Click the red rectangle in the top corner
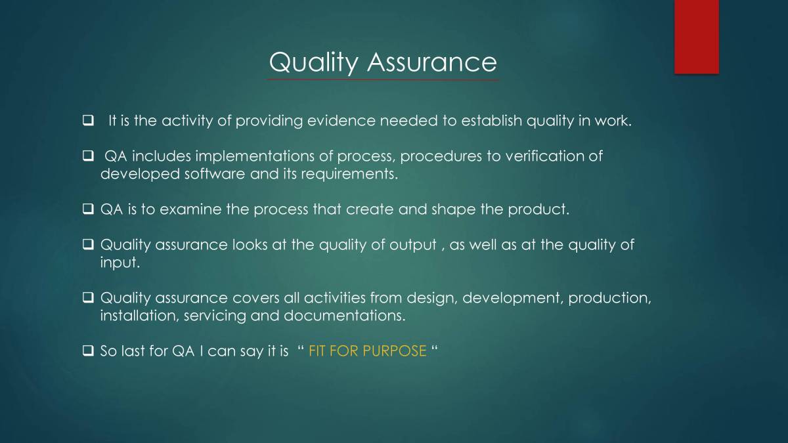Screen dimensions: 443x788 coord(696,36)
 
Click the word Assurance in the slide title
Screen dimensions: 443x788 coord(431,62)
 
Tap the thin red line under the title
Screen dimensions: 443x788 coord(382,80)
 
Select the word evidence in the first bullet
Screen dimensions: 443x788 coord(342,121)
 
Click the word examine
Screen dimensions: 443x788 coord(188,210)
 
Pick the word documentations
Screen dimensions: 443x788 coord(344,316)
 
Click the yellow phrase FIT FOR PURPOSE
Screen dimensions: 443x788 coord(367,351)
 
